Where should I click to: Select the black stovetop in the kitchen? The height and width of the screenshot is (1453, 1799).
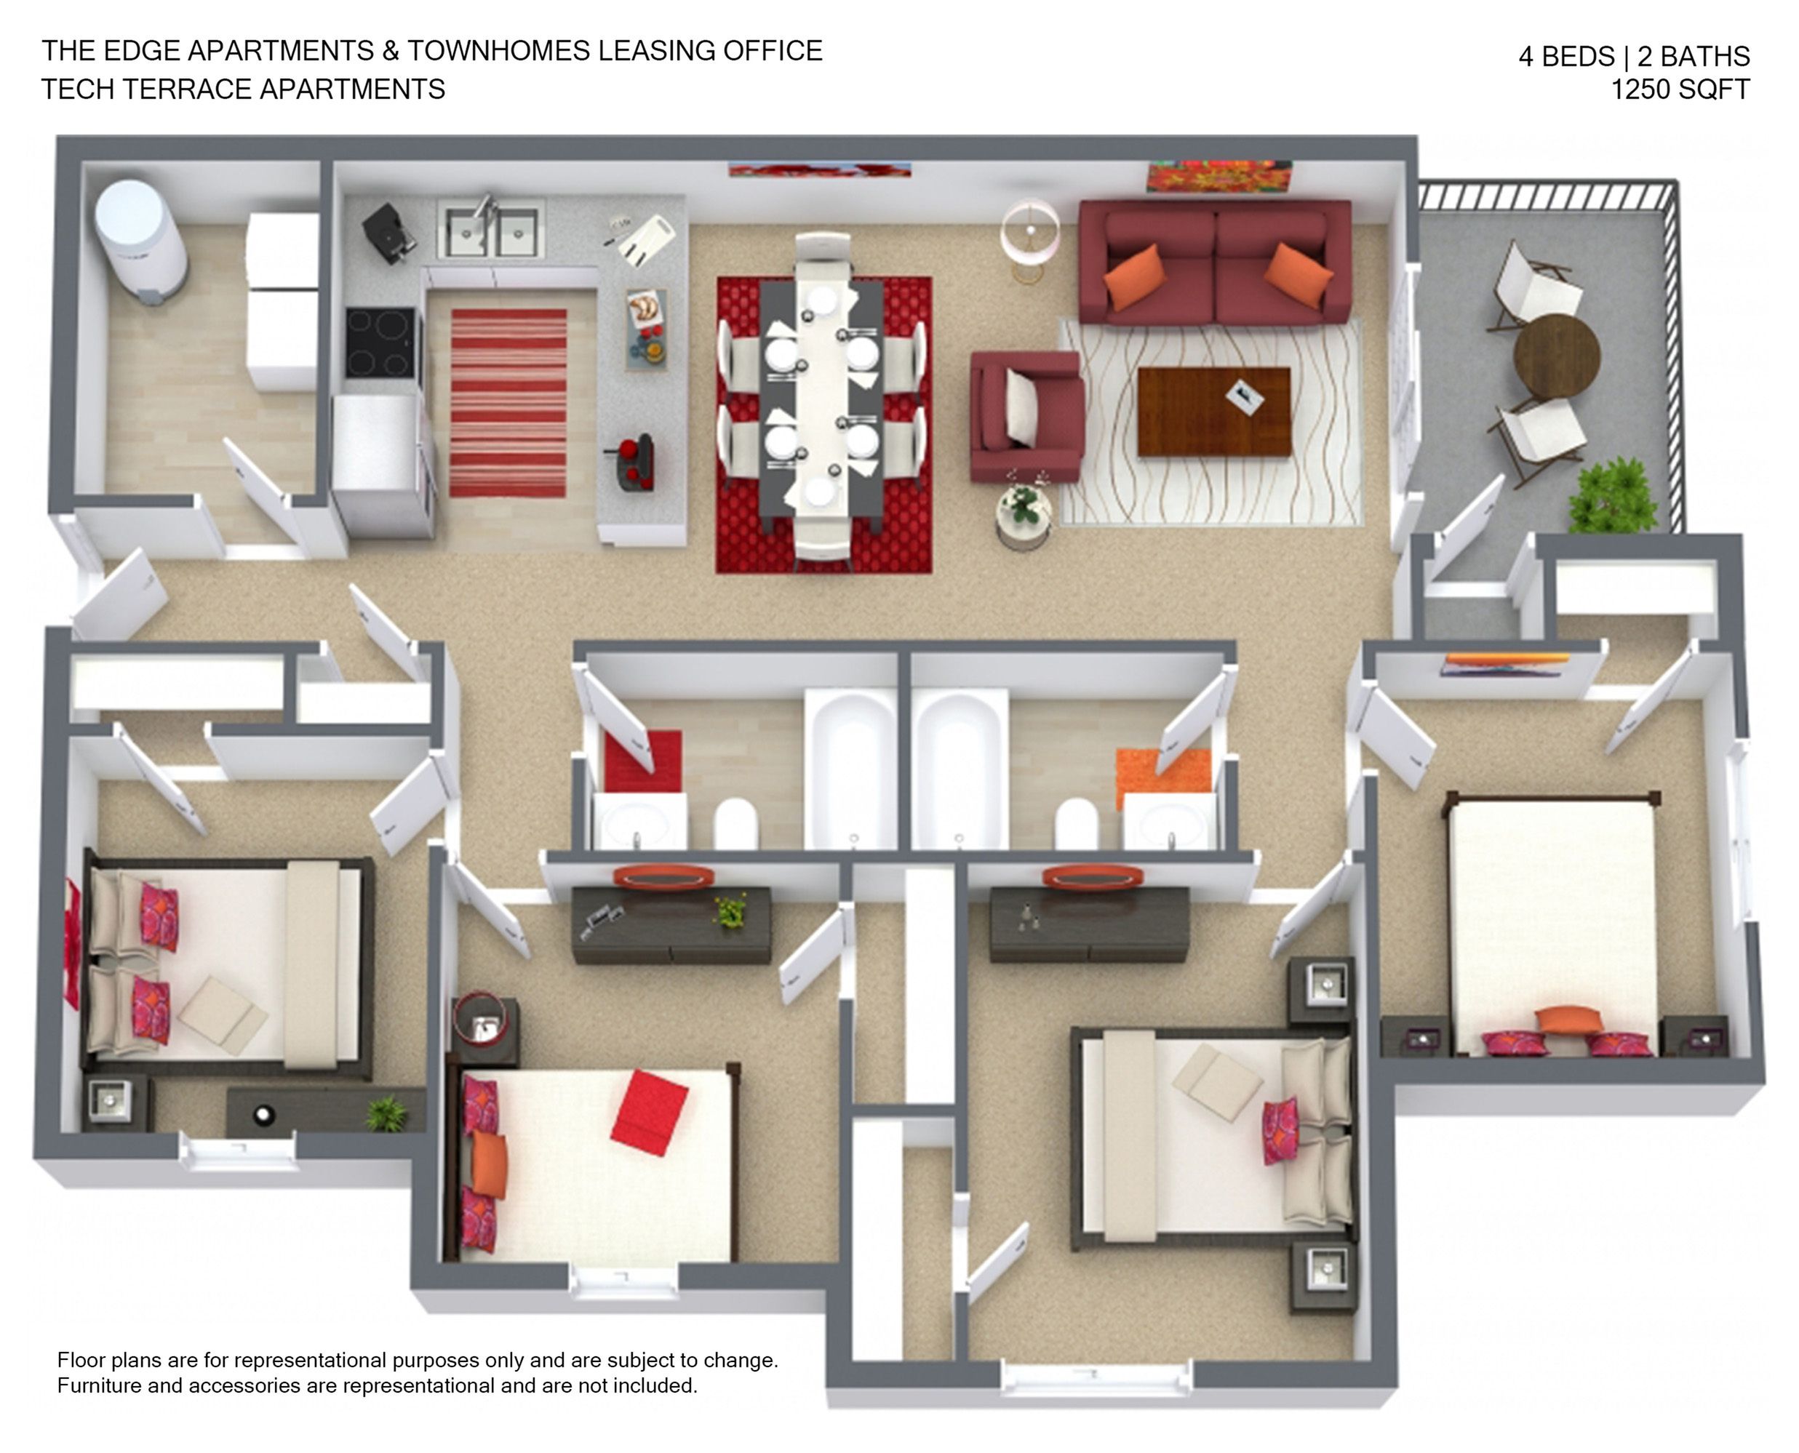click(x=379, y=343)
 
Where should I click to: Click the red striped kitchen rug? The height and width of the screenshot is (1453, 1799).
click(x=508, y=403)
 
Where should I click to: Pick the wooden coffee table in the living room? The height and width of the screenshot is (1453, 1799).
click(x=1213, y=412)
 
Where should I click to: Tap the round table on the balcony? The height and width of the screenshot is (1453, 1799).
click(x=1556, y=356)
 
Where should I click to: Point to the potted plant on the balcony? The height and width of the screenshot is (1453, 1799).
click(x=1611, y=496)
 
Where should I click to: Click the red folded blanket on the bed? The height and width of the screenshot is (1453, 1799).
click(x=649, y=1113)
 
